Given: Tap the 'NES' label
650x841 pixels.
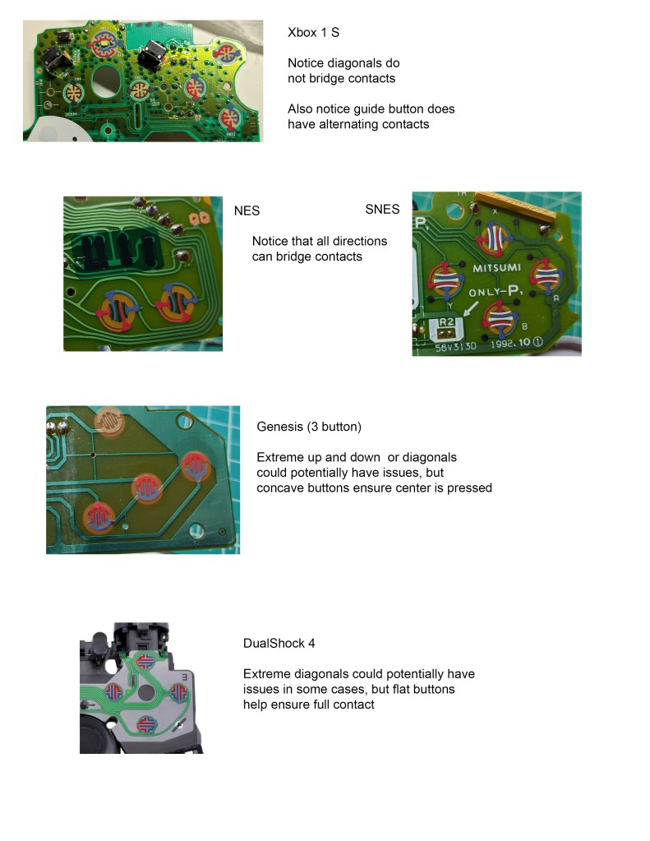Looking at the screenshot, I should click(247, 210).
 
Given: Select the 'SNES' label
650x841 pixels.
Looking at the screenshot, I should click(382, 209).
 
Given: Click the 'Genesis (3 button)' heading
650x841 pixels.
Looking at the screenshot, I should click(308, 427).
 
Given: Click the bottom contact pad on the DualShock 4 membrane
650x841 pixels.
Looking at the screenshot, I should click(144, 723).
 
